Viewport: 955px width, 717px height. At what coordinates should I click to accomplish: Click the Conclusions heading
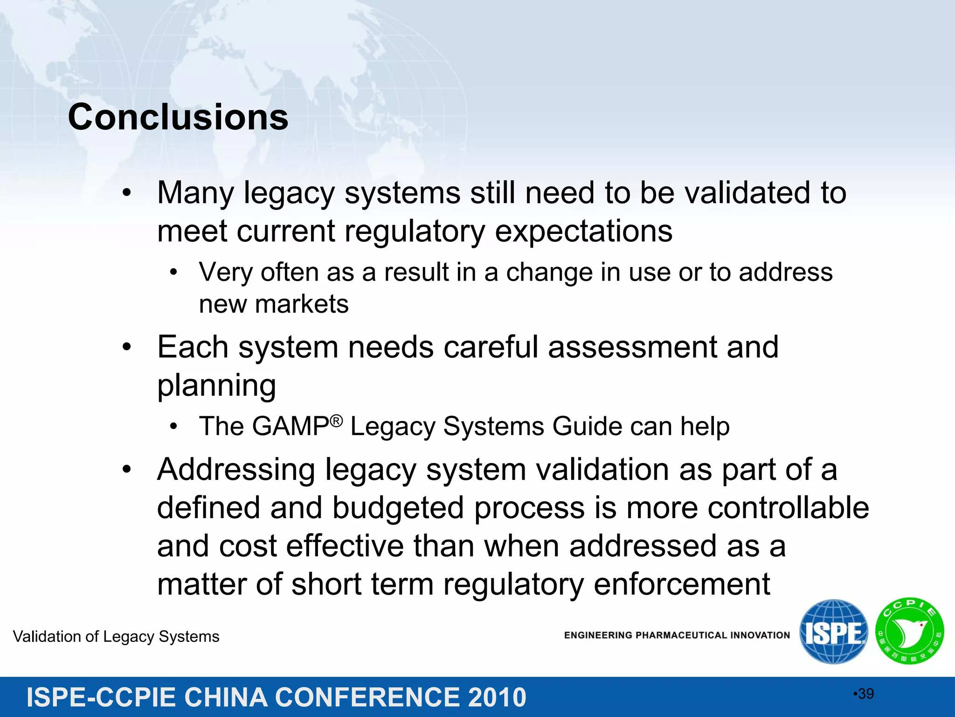coord(178,117)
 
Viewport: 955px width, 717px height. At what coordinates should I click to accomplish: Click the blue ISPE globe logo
coord(833,632)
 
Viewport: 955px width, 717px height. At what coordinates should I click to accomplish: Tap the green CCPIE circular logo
coord(909,631)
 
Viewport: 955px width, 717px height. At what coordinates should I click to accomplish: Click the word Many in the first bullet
coord(195,193)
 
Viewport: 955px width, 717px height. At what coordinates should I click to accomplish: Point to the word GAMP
coord(291,426)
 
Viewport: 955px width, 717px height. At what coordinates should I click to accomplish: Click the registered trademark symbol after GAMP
coord(336,421)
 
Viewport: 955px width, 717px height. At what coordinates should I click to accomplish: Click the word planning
coord(217,386)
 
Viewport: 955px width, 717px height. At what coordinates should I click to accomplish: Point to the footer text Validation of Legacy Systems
coord(116,637)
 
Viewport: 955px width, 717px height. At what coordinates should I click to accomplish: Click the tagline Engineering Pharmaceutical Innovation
coord(677,635)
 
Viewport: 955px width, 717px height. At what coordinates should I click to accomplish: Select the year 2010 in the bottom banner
coord(497,697)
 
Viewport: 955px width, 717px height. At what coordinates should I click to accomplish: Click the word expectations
coord(583,231)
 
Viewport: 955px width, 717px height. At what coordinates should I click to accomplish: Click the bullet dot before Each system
coord(127,347)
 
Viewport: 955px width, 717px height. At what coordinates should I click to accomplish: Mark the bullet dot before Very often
coord(174,272)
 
